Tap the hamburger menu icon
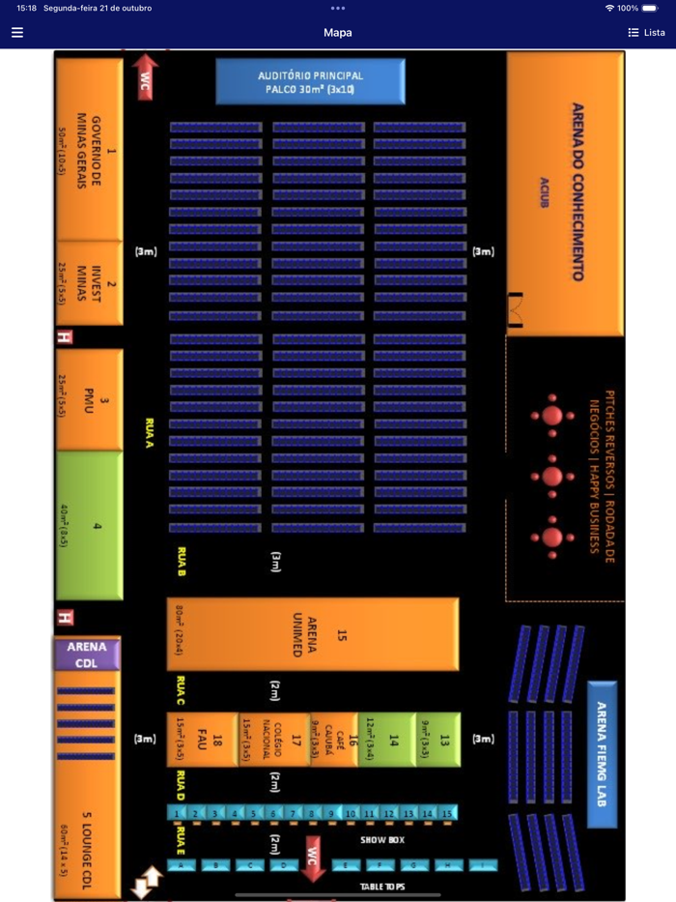17,32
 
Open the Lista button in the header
647,32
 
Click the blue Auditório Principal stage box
310,81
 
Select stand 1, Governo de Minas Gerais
90,150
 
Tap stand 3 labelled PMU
90,398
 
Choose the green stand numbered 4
90,526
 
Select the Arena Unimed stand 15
312,634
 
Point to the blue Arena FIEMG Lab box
601,753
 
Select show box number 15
447,813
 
